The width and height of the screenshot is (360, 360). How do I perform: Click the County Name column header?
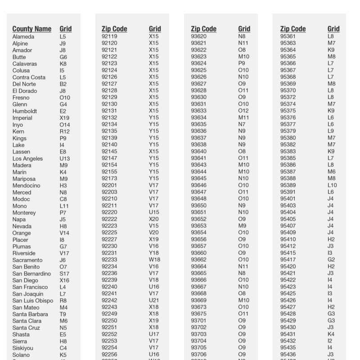click(x=32, y=29)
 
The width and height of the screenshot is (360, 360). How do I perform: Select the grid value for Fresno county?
click(x=65, y=98)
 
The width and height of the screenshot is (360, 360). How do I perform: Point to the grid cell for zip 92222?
click(x=154, y=219)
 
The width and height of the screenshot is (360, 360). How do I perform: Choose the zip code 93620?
click(x=198, y=36)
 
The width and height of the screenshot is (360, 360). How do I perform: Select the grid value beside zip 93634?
click(x=243, y=118)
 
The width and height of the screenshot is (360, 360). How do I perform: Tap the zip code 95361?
click(x=288, y=36)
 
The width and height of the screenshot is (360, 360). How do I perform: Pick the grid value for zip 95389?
click(x=333, y=185)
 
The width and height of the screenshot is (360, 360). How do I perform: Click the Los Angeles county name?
click(x=28, y=158)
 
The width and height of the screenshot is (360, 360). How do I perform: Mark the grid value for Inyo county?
click(x=65, y=125)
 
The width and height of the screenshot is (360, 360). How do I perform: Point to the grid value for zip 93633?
click(x=243, y=111)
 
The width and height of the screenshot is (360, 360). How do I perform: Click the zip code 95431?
click(x=288, y=334)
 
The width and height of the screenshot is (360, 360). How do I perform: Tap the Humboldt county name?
click(x=25, y=111)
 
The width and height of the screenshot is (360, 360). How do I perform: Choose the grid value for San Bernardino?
click(x=65, y=274)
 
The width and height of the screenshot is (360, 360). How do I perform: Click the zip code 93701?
click(x=198, y=321)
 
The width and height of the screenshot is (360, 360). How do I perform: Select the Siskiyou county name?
click(x=23, y=348)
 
